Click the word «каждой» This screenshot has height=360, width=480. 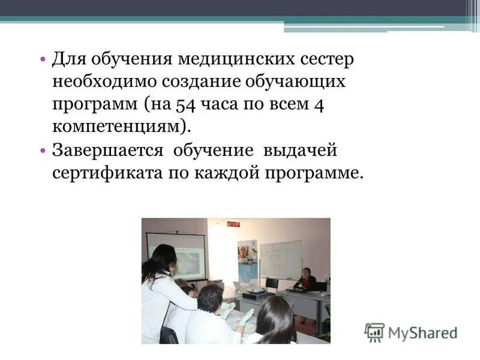pos(229,173)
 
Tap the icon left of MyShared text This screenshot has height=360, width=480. pos(374,332)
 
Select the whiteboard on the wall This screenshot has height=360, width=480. pos(280,259)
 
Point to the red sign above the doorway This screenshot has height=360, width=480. pos(233,224)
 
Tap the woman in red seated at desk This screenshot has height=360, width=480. pos(307,279)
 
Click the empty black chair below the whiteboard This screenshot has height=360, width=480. pos(272,284)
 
